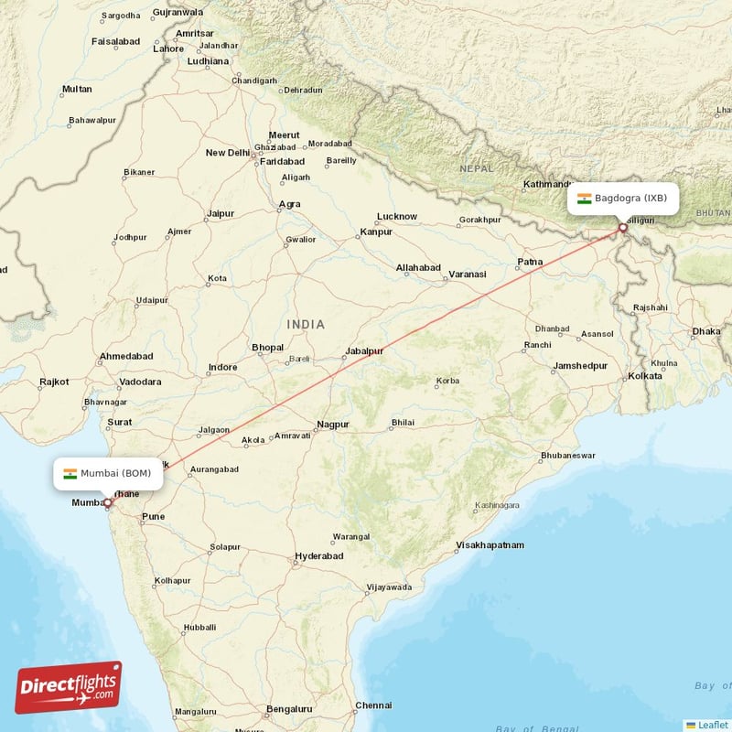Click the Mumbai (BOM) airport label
tap(108, 473)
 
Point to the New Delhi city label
tap(228, 153)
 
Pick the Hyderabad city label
tap(318, 555)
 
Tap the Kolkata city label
tap(645, 376)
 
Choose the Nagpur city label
tap(333, 425)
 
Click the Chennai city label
tap(373, 705)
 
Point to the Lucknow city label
tap(397, 217)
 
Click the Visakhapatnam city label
tap(490, 545)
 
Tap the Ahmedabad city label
tap(126, 356)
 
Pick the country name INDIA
tap(306, 325)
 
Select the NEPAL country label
tap(476, 168)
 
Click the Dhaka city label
tap(706, 331)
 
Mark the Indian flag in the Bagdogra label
tap(584, 199)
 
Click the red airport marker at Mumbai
tap(107, 502)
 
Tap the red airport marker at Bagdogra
tap(623, 228)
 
